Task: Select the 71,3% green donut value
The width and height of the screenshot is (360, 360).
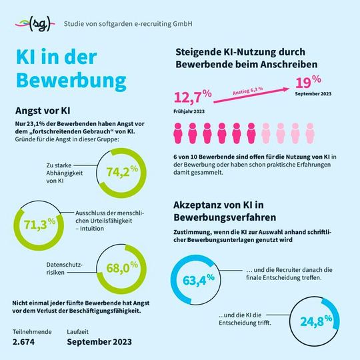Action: tap(38, 223)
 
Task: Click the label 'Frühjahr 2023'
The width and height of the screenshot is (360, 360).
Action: tap(189, 111)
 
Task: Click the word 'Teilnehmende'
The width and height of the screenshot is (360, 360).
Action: tap(32, 330)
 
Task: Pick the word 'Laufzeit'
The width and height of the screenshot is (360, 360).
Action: tap(79, 330)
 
